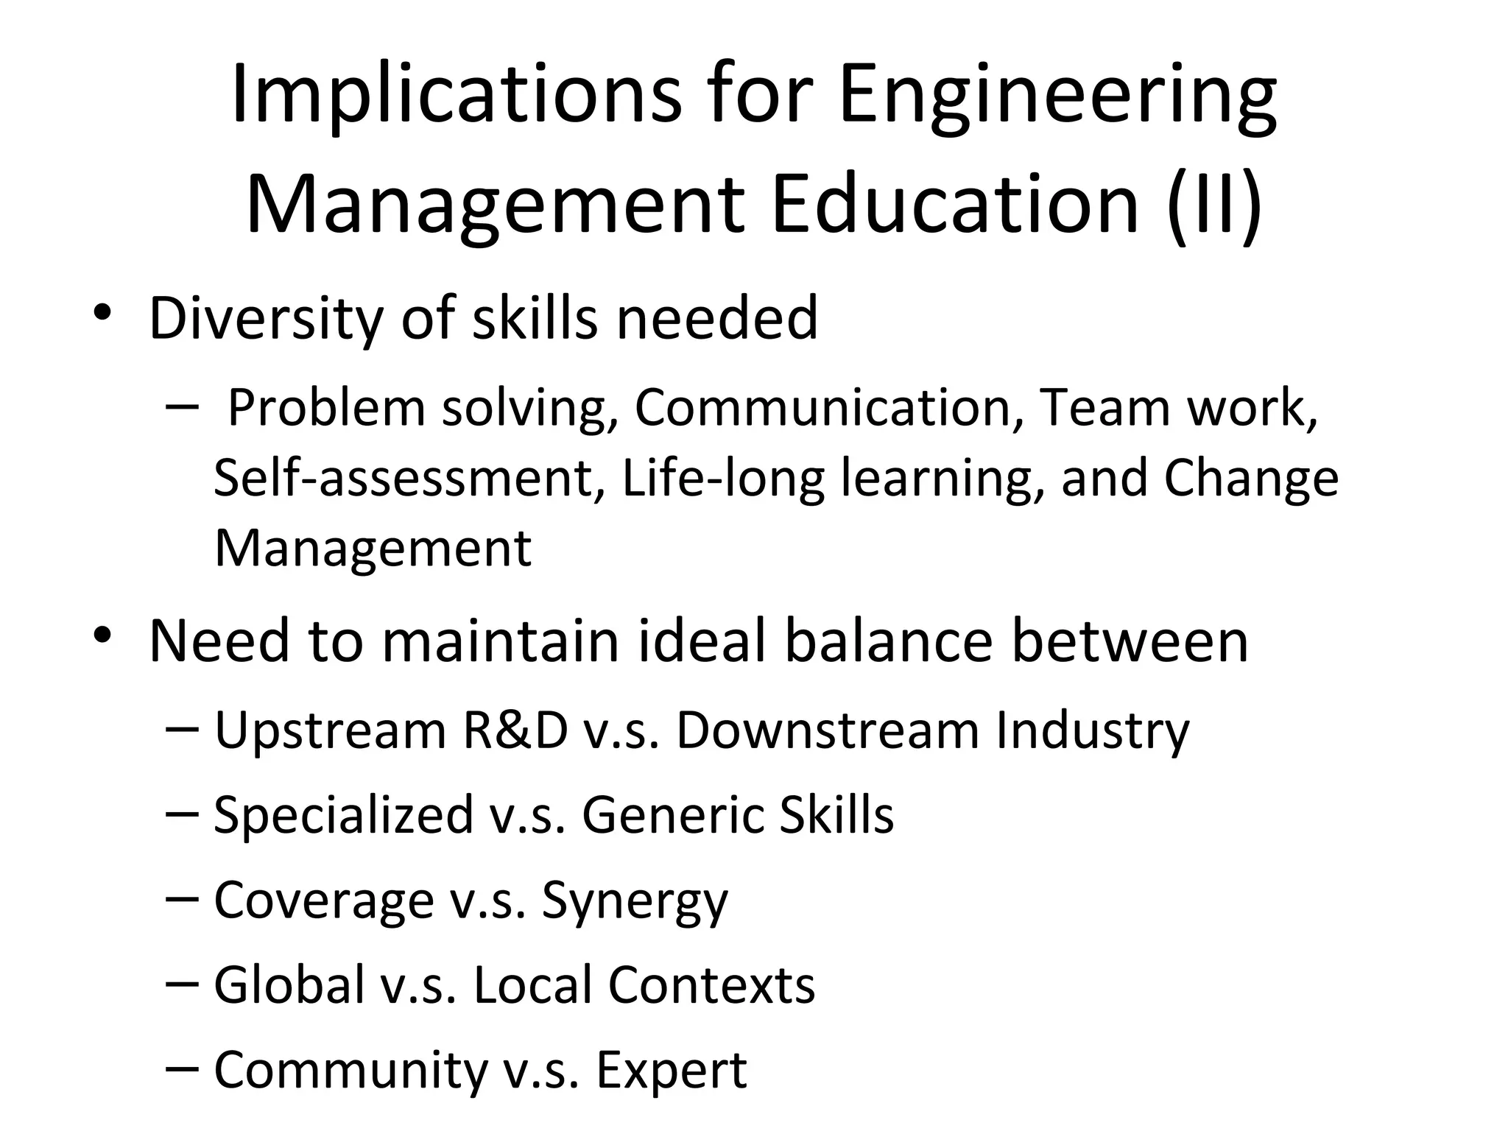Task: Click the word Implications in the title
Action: point(457,96)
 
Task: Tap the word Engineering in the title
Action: point(1057,96)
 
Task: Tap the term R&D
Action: point(515,730)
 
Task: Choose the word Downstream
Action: point(828,730)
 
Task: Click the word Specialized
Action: point(344,815)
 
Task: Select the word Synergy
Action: point(635,901)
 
